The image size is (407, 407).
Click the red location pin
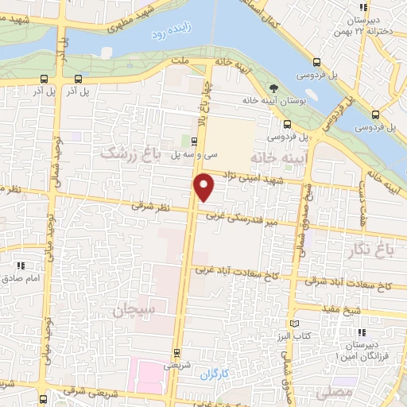[204, 187]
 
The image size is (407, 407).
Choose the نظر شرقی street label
[151, 205]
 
